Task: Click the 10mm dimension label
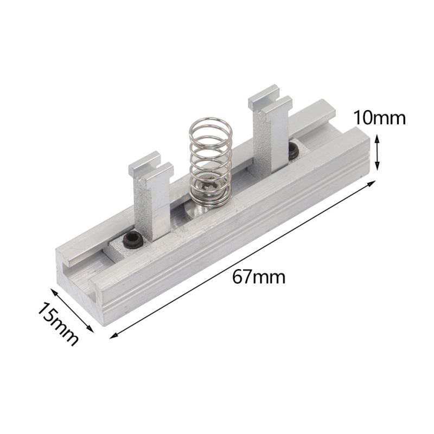379,117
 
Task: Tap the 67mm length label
259,277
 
